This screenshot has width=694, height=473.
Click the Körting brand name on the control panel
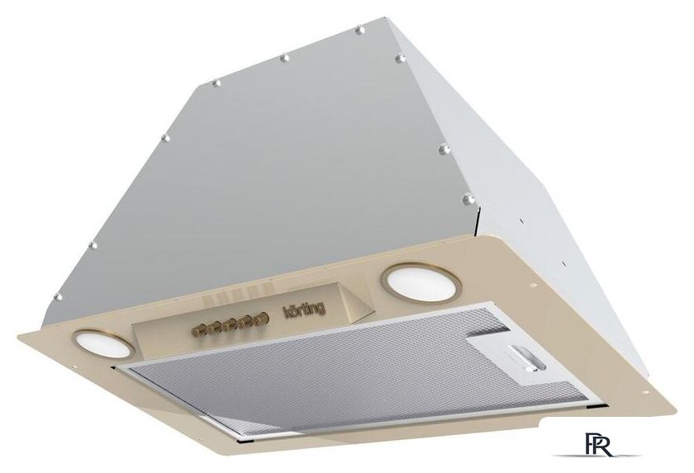(304, 309)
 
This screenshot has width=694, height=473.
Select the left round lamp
(103, 342)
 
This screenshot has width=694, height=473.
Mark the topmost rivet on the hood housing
(360, 30)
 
